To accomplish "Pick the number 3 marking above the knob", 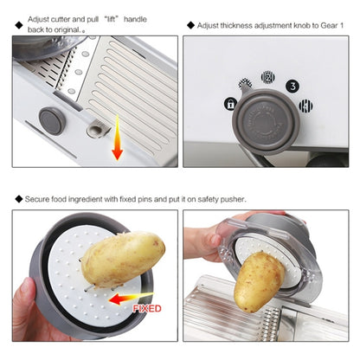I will pyautogui.click(x=293, y=86).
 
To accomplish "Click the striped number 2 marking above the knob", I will pyautogui.click(x=268, y=78).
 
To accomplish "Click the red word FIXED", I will pyautogui.click(x=147, y=306).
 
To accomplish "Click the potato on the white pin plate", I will pyautogui.click(x=123, y=259).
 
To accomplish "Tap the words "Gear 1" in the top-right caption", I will pyautogui.click(x=332, y=26).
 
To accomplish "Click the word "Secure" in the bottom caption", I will pyautogui.click(x=39, y=198).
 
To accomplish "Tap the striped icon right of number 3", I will pyautogui.click(x=305, y=106).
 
